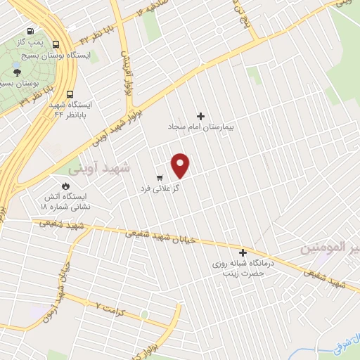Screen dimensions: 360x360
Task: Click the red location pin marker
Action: pos(181,165)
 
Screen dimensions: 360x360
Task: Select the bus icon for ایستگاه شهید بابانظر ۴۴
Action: pos(70,94)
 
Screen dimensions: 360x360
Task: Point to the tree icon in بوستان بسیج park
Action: pos(16,71)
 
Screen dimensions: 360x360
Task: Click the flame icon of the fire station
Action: pos(65,186)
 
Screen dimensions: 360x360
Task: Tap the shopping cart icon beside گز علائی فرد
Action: pos(160,177)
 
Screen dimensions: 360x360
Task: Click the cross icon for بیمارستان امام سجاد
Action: pos(201,116)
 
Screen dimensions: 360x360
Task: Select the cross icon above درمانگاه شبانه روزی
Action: pos(243,252)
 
